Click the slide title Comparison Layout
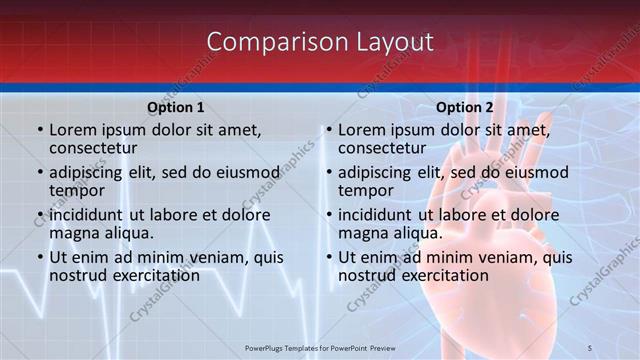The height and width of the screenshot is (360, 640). pyautogui.click(x=320, y=42)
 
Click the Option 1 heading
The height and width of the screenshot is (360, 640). pyautogui.click(x=176, y=107)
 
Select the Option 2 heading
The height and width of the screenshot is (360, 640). pyautogui.click(x=465, y=107)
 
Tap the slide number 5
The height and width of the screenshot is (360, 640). pyautogui.click(x=618, y=348)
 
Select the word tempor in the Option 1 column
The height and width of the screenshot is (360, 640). pyautogui.click(x=77, y=190)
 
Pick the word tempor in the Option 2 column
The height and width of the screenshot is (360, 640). pyautogui.click(x=366, y=190)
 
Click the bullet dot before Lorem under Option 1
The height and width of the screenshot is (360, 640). pyautogui.click(x=39, y=131)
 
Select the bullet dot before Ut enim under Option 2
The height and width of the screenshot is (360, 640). pyautogui.click(x=328, y=257)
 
